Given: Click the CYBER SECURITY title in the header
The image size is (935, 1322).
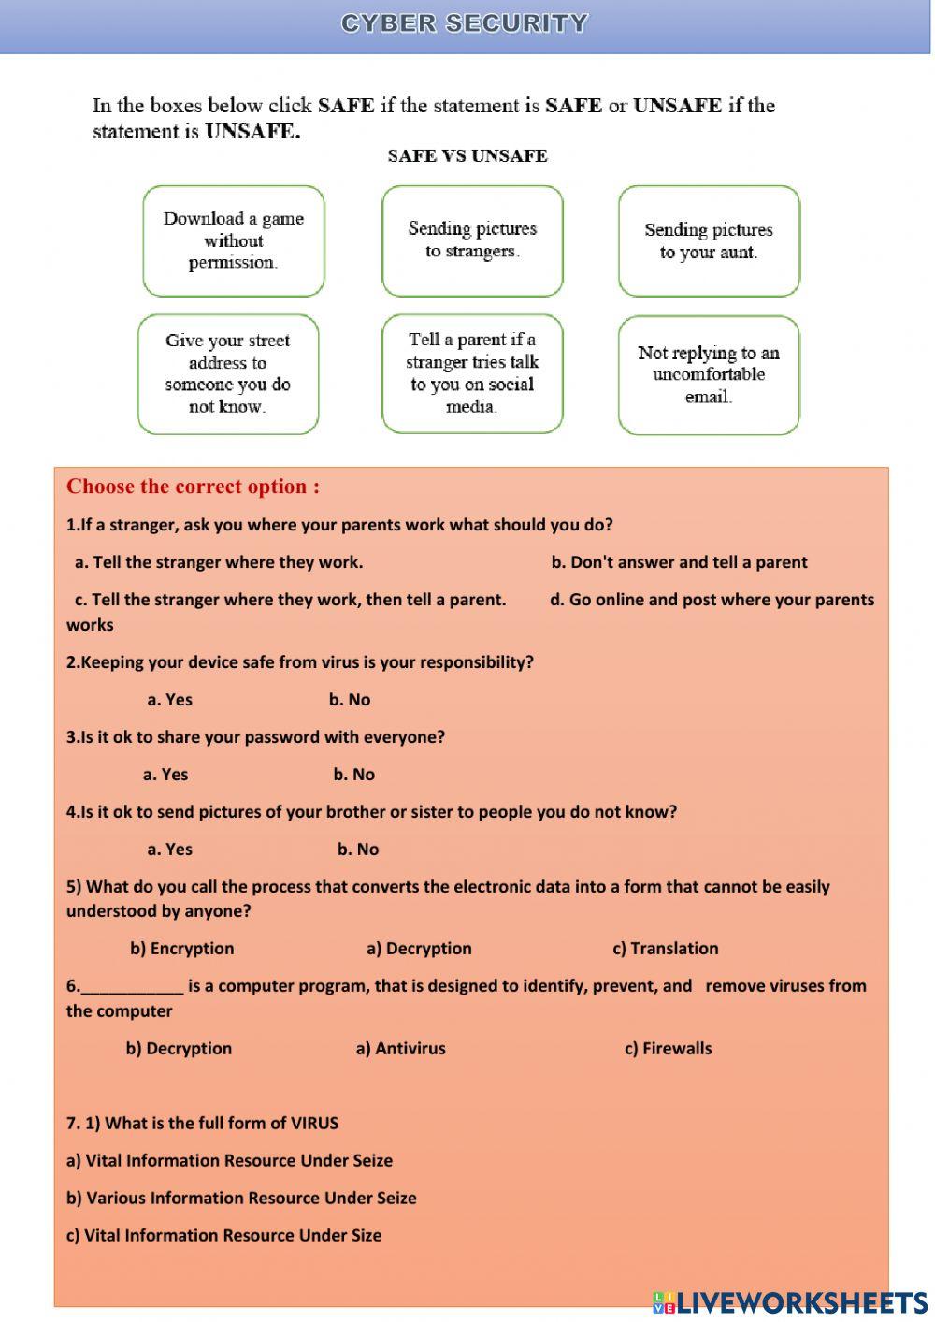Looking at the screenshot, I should (465, 23).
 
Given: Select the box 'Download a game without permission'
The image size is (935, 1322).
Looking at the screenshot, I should (234, 240).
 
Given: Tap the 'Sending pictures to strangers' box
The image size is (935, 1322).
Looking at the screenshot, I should (472, 240).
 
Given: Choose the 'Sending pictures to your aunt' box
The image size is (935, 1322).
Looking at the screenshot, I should (709, 241).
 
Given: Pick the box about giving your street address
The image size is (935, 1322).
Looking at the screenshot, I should (228, 374).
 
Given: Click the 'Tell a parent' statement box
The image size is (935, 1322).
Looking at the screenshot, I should (472, 373).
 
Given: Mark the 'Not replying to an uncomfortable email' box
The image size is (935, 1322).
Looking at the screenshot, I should (709, 375).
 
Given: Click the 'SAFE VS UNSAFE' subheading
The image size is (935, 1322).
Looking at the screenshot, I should (467, 156).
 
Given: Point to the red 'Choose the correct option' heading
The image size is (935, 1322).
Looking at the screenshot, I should (193, 487).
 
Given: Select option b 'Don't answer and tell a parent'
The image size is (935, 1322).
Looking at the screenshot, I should (679, 562).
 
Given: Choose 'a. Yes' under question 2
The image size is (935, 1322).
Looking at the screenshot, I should (169, 700).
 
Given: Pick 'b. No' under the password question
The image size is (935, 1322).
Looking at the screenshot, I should (353, 775).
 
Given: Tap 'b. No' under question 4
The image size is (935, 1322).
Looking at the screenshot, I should (358, 850).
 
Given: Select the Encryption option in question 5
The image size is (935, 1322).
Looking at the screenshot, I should (182, 949).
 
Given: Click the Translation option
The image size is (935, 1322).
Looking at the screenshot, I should (666, 949).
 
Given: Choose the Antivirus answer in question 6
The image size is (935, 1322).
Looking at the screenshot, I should (400, 1049).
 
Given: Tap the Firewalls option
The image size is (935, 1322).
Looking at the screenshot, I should (668, 1049).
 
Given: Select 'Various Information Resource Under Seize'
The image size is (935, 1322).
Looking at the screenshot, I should (241, 1199).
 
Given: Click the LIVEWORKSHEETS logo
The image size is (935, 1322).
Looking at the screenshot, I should (790, 1302).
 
